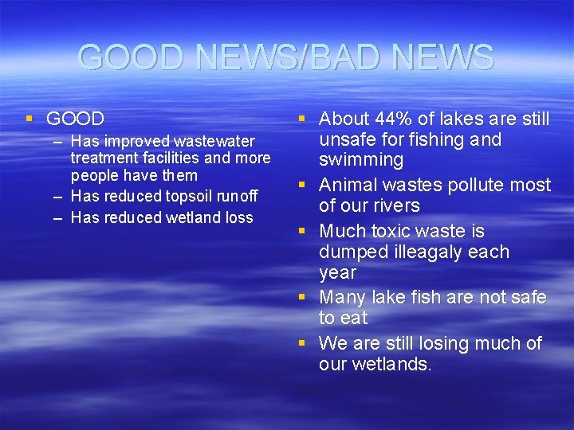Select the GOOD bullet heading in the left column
click(x=75, y=119)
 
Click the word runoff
click(x=238, y=196)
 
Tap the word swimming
click(x=361, y=160)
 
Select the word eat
click(x=354, y=318)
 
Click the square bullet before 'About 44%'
click(x=302, y=119)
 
